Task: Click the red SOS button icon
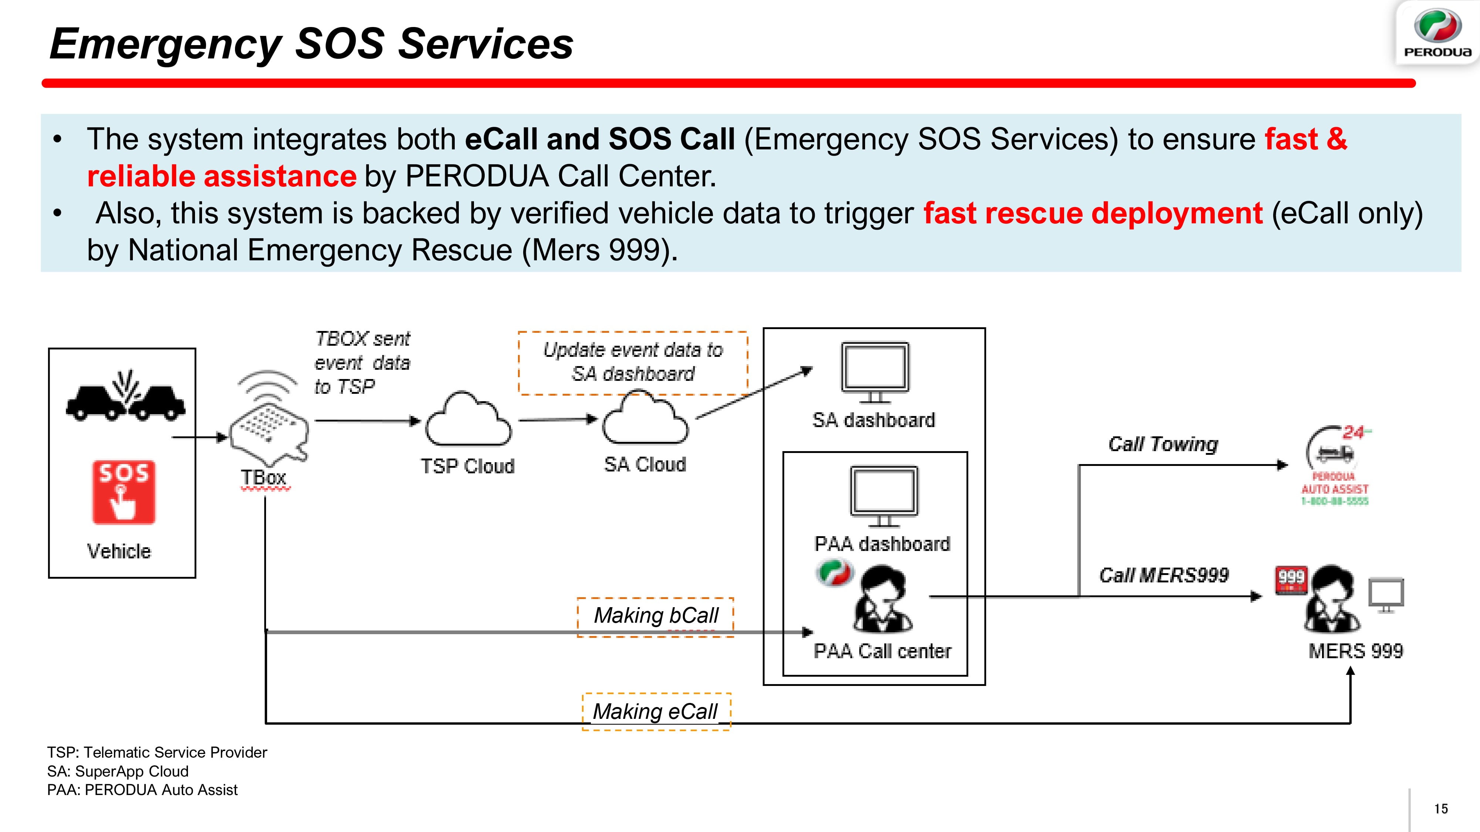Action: (x=124, y=492)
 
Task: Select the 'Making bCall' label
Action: (x=656, y=616)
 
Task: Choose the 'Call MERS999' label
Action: (x=1163, y=575)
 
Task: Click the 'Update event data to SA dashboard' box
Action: (x=633, y=362)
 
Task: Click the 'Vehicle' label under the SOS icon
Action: (x=119, y=551)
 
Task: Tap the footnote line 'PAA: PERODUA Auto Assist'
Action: (x=142, y=790)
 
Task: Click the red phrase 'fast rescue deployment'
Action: (x=1093, y=214)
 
